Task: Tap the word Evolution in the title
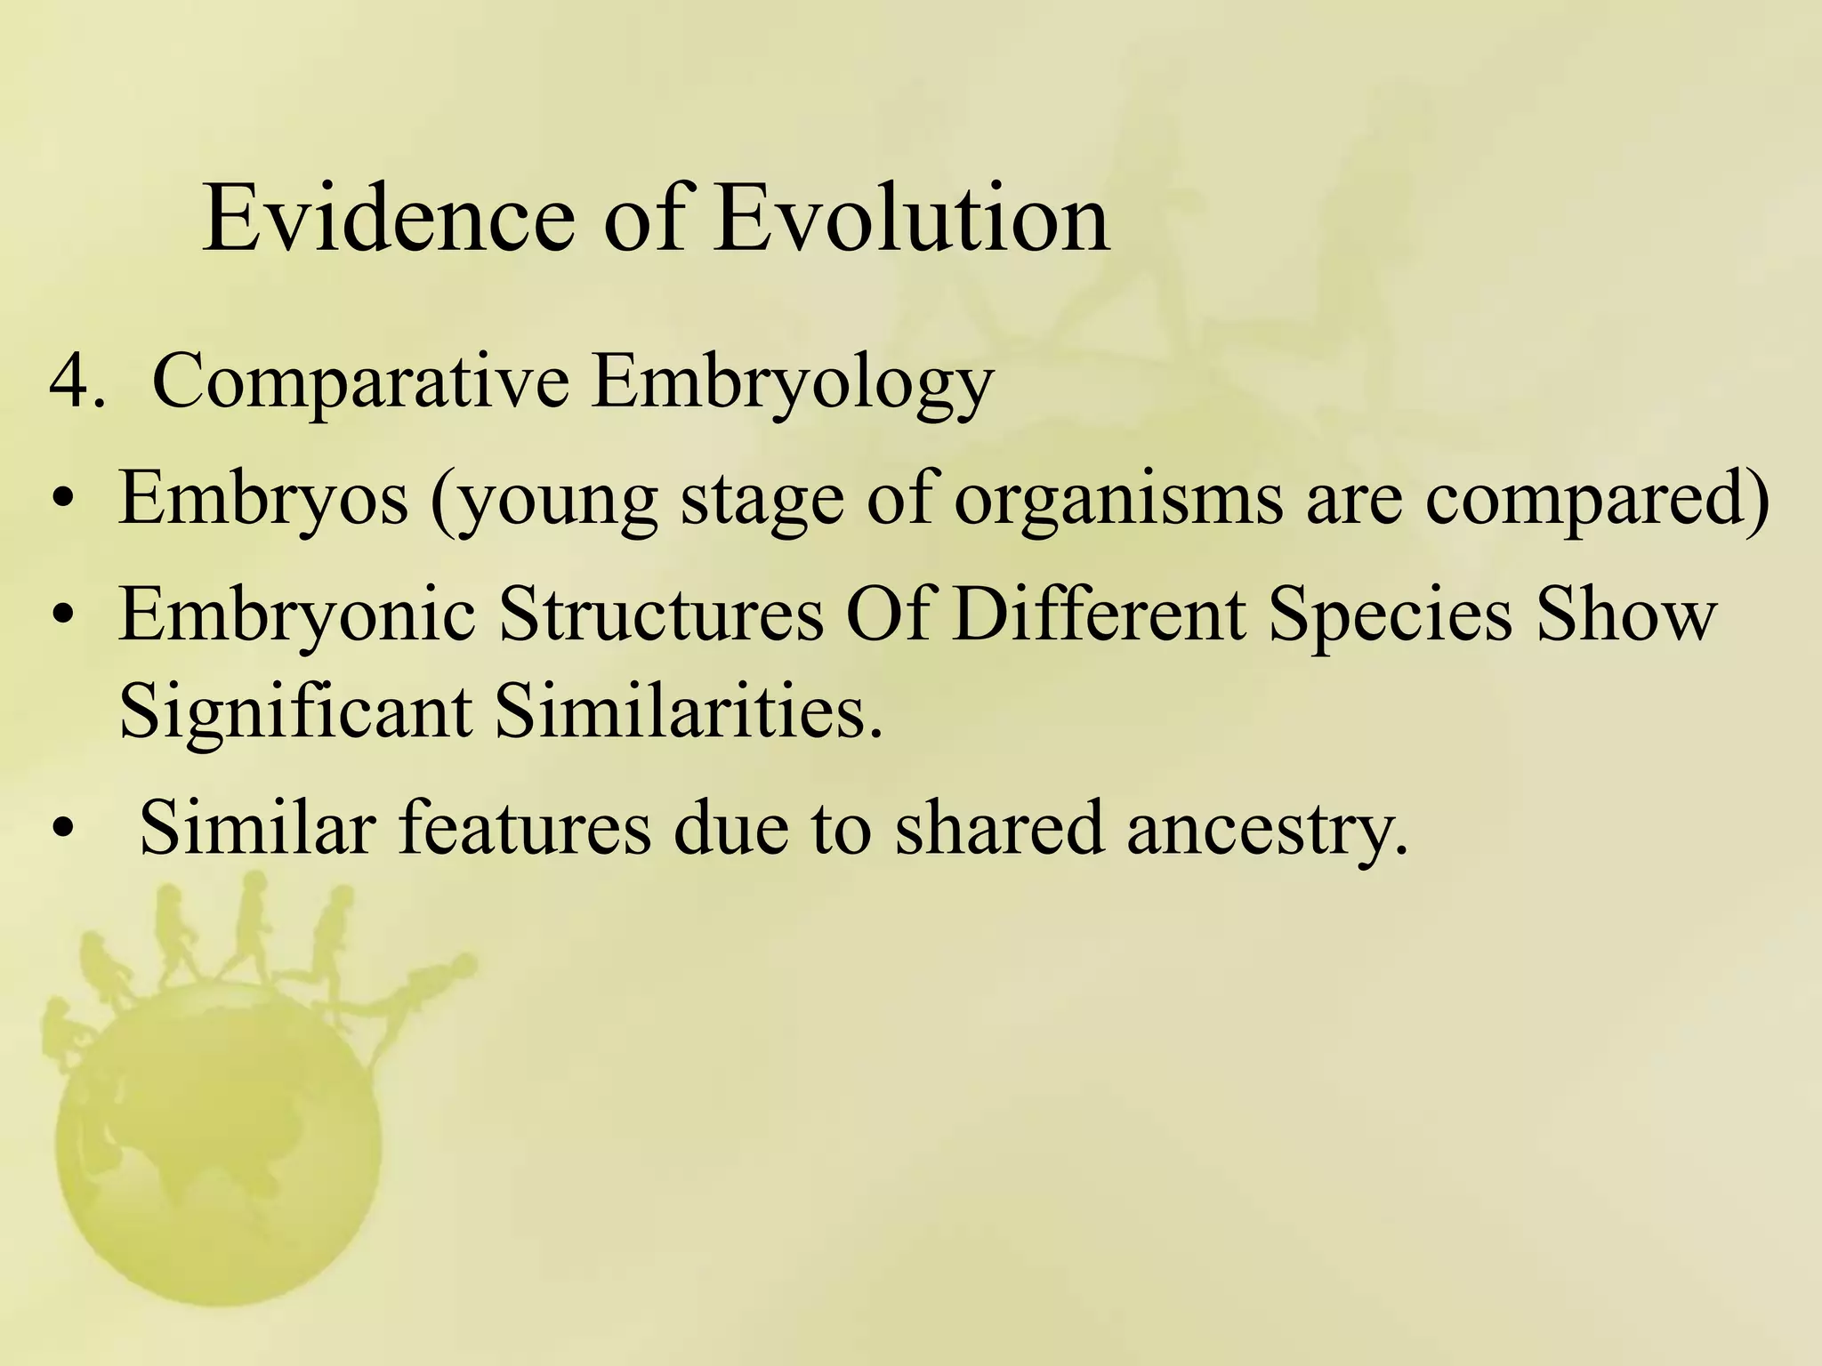pyautogui.click(x=911, y=219)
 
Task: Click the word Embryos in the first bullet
pyautogui.click(x=263, y=498)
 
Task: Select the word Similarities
pyautogui.click(x=689, y=711)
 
